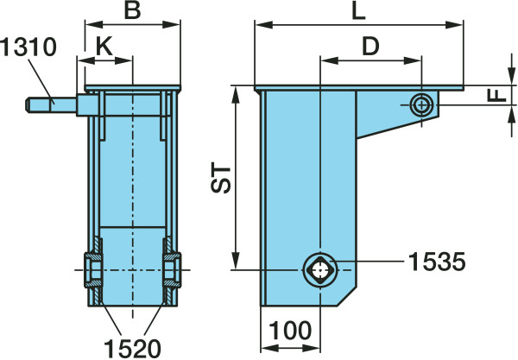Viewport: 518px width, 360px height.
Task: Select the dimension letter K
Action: [x=104, y=47]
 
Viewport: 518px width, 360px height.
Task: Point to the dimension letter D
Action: [x=370, y=47]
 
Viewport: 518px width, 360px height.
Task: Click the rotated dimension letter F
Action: [x=497, y=96]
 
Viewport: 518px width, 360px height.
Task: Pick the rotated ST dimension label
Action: [x=220, y=177]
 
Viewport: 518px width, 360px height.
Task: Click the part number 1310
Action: [x=28, y=47]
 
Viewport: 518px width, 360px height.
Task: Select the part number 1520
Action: [x=132, y=349]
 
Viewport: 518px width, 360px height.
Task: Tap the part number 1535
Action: [x=437, y=262]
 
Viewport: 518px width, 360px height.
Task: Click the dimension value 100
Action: [x=290, y=331]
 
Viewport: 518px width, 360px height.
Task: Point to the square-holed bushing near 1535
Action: [x=319, y=270]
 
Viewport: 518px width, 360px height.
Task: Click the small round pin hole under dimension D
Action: [x=421, y=105]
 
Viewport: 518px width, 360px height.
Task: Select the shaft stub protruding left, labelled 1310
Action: [x=51, y=104]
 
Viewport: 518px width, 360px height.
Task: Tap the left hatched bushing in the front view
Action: [x=93, y=270]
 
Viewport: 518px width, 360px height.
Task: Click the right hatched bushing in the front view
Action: [x=172, y=270]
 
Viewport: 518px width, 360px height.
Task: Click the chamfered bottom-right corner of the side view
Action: [x=346, y=296]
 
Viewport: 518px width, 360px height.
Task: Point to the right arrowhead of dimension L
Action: [x=454, y=24]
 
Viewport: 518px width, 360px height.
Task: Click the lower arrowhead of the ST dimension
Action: [x=235, y=261]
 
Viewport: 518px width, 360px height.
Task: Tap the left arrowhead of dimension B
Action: [x=94, y=24]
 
